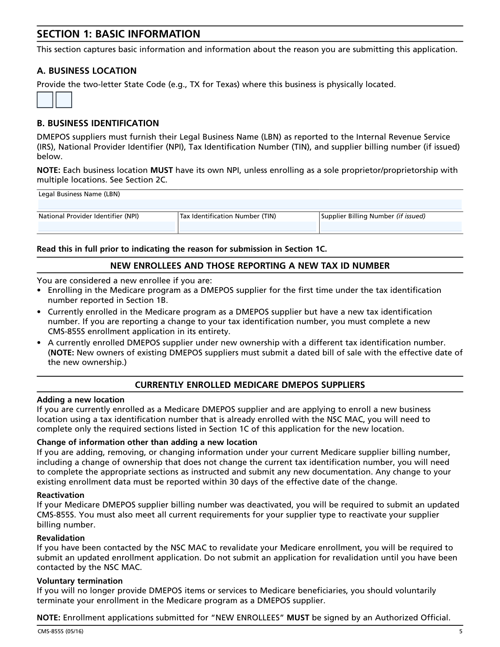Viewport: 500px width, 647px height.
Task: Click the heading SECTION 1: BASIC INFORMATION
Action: pyautogui.click(x=118, y=34)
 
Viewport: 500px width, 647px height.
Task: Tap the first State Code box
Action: pyautogui.click(x=45, y=100)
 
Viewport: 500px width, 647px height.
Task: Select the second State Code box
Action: pyautogui.click(x=64, y=100)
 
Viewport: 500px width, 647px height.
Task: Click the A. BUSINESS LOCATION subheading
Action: pyautogui.click(x=87, y=71)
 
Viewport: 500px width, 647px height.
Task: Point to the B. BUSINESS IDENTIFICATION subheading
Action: pyautogui.click(x=98, y=123)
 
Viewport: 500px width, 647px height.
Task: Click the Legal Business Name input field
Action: pyautogui.click(x=250, y=204)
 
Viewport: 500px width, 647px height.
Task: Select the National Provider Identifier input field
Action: pyautogui.click(x=107, y=226)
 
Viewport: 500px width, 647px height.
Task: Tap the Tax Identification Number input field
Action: pyautogui.click(x=248, y=226)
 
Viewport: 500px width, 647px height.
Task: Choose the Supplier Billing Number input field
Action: pyautogui.click(x=391, y=226)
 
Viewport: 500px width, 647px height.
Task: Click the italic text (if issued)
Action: pyautogui.click(x=410, y=216)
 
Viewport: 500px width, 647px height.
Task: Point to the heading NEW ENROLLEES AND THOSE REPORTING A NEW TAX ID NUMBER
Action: pyautogui.click(x=250, y=266)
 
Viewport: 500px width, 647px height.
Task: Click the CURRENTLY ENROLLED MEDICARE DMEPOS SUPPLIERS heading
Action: pyautogui.click(x=250, y=385)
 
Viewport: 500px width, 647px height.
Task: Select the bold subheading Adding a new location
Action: pyautogui.click(x=80, y=400)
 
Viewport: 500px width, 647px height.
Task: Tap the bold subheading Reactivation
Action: pyautogui.click(x=60, y=495)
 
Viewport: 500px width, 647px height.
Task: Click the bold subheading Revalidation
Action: pyautogui.click(x=61, y=538)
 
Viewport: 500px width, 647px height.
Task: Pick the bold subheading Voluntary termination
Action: pyautogui.click(x=80, y=581)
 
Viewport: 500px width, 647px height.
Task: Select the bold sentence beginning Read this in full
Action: pyautogui.click(x=182, y=249)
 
